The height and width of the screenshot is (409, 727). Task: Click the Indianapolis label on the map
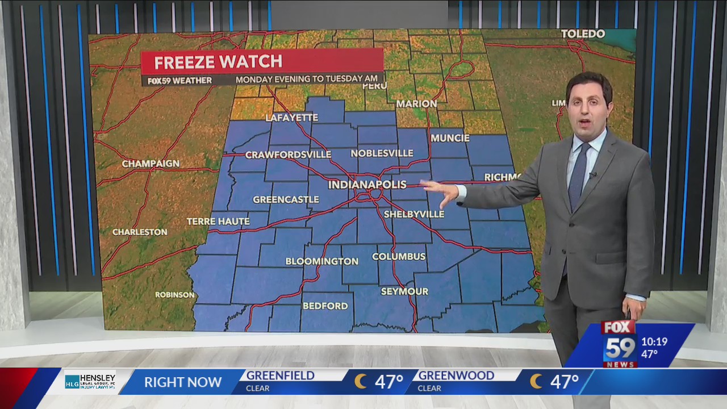(x=367, y=185)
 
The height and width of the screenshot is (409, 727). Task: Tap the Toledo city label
(x=583, y=34)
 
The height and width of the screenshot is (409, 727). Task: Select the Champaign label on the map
(x=151, y=164)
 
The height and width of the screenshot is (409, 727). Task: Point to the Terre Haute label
(x=218, y=222)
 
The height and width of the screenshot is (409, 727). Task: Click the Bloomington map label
(x=321, y=261)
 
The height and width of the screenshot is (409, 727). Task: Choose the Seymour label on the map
(x=404, y=291)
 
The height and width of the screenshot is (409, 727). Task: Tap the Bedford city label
(x=325, y=306)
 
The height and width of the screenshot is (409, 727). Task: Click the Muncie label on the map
(x=450, y=138)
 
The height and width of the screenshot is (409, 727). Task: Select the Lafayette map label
(x=292, y=118)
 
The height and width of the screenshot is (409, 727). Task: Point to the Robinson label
(x=175, y=295)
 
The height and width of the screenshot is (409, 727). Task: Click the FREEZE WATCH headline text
(x=218, y=62)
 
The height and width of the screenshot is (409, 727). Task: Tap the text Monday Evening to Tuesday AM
(x=308, y=80)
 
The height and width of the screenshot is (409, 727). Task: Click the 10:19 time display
(x=654, y=342)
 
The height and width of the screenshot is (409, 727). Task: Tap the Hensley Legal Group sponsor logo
(x=90, y=381)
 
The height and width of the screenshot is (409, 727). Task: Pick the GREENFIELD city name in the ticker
(x=280, y=375)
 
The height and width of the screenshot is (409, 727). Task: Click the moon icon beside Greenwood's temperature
(x=536, y=381)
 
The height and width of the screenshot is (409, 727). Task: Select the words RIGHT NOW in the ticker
(x=182, y=382)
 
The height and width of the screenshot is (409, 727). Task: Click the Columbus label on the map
(x=399, y=256)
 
